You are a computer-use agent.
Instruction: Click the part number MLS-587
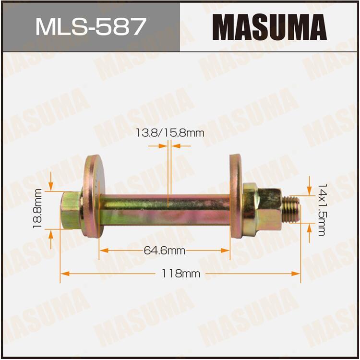point(91,26)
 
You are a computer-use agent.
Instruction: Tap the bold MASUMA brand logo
point(270,27)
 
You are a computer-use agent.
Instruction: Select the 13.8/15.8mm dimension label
point(170,133)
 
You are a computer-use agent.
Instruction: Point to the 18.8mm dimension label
point(37,208)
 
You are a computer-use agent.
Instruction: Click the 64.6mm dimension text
point(164,251)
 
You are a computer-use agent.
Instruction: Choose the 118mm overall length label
point(180,274)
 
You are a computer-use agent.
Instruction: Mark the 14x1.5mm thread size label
point(322,210)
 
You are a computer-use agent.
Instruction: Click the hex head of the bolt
point(71,210)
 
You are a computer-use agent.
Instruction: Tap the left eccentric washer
point(94,196)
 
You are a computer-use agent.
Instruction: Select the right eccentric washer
point(236,196)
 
